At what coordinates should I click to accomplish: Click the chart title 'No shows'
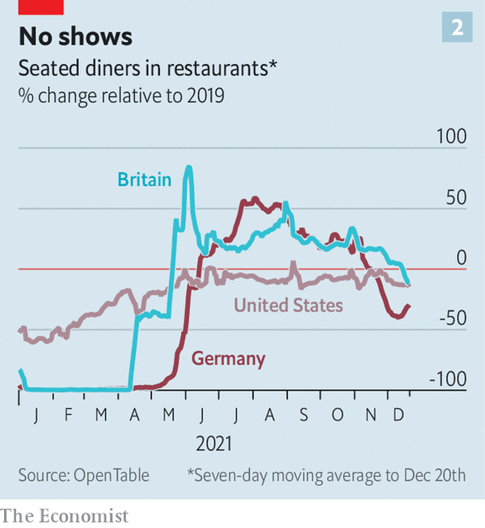(76, 36)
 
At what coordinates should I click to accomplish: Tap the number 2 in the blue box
(457, 29)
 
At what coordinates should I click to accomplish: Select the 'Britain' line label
(145, 180)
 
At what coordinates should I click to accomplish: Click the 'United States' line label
(289, 305)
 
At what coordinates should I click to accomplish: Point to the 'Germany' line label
(228, 359)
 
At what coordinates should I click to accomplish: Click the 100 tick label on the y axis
(451, 136)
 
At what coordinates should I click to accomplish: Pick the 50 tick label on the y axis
(455, 198)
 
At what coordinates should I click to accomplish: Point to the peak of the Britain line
(188, 167)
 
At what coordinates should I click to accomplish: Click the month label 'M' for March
(101, 415)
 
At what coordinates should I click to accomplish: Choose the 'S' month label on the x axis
(303, 415)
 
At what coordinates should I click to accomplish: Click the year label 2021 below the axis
(213, 444)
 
